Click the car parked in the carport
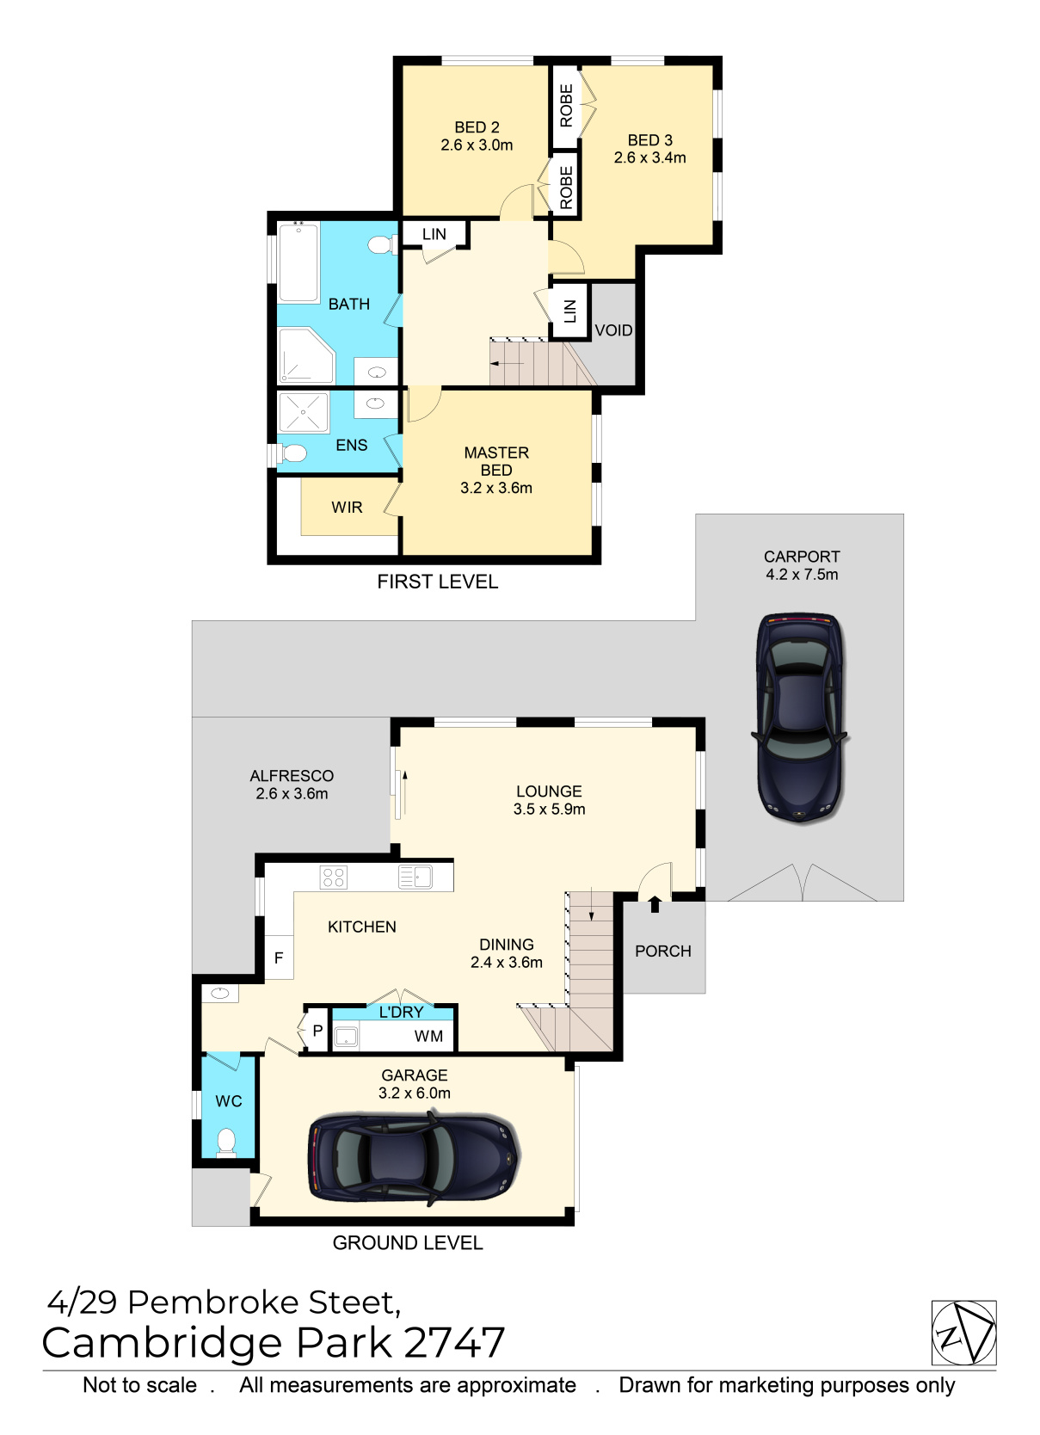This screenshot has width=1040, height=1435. point(801,718)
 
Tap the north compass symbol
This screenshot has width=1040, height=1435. point(963,1333)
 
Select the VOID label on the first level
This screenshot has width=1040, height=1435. point(613,330)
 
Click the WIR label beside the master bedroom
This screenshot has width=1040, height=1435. point(347,508)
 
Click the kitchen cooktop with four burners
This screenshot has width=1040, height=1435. point(334,877)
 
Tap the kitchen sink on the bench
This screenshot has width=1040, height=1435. point(415,877)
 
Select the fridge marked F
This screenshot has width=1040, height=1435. point(280,957)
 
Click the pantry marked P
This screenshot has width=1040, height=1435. point(317,1031)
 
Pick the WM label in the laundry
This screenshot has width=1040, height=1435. point(428,1036)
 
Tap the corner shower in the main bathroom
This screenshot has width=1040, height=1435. point(306,355)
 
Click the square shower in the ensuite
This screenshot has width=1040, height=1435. point(303,412)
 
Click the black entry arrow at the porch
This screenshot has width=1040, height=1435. point(655,904)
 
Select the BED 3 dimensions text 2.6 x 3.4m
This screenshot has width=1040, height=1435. point(649,157)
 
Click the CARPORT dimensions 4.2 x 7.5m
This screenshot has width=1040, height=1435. point(802,575)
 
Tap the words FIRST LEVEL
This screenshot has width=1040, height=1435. point(437,582)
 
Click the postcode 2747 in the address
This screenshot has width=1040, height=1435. point(455,1343)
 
